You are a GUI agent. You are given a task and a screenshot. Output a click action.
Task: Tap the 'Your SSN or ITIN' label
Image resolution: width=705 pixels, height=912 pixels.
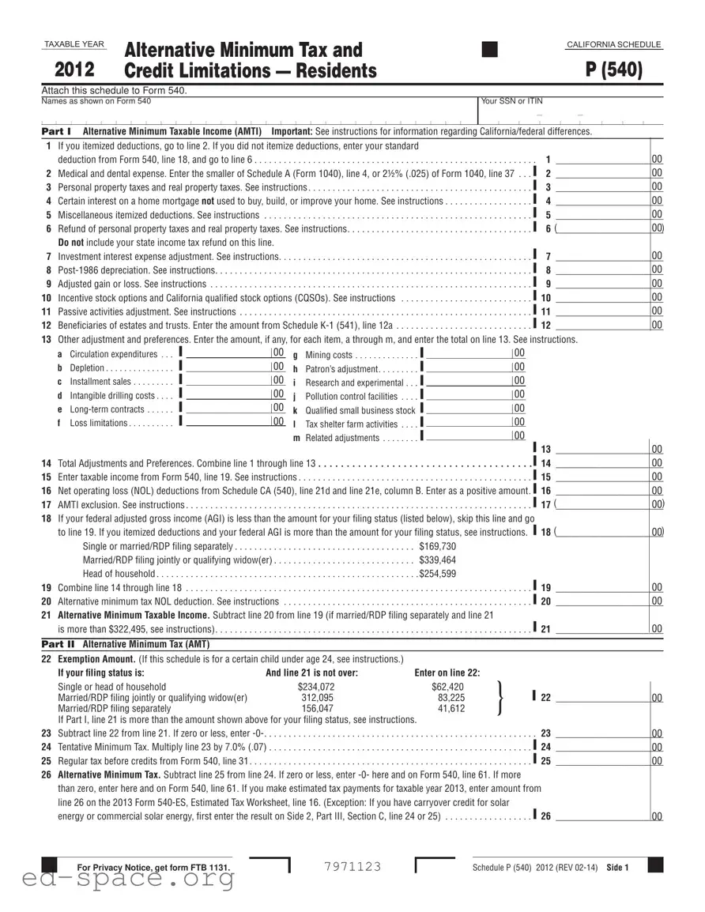click(x=511, y=101)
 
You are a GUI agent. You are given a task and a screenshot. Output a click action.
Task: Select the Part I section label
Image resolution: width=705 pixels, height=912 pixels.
click(x=56, y=131)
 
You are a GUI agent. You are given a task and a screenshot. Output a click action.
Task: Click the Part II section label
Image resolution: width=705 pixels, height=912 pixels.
click(x=57, y=644)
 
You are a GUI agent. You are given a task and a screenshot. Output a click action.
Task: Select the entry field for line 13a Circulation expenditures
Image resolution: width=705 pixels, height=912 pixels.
click(x=227, y=353)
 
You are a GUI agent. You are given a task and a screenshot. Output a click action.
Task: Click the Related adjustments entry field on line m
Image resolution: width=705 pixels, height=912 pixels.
click(x=468, y=436)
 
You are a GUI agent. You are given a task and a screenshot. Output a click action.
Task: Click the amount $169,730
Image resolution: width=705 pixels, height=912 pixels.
click(x=437, y=546)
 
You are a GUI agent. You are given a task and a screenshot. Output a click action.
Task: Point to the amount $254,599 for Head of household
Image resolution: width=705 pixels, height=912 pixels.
click(x=437, y=574)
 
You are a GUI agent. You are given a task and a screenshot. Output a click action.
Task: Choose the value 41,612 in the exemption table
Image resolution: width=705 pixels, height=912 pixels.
click(x=451, y=709)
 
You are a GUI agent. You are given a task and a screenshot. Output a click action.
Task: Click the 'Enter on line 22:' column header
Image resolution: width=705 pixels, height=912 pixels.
click(x=447, y=673)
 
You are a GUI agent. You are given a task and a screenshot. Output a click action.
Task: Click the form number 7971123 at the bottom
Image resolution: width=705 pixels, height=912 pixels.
click(x=352, y=867)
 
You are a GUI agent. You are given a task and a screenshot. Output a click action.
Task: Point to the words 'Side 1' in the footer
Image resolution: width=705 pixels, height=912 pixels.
click(x=617, y=868)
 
